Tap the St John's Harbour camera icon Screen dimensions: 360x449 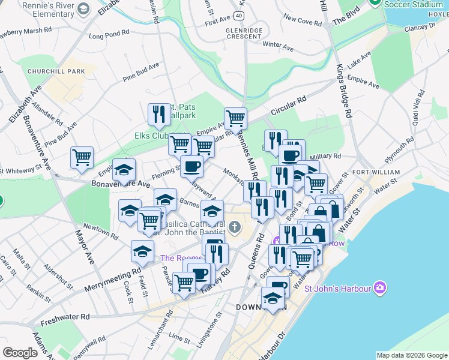point(379,289)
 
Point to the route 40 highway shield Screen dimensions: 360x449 point(240,16)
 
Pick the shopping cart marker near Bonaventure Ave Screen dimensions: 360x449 point(82,157)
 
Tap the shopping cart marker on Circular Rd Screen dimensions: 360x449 point(235,118)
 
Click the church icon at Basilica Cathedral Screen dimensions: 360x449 point(234,227)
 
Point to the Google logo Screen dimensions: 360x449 point(20,353)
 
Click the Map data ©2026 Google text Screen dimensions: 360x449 point(412,355)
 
